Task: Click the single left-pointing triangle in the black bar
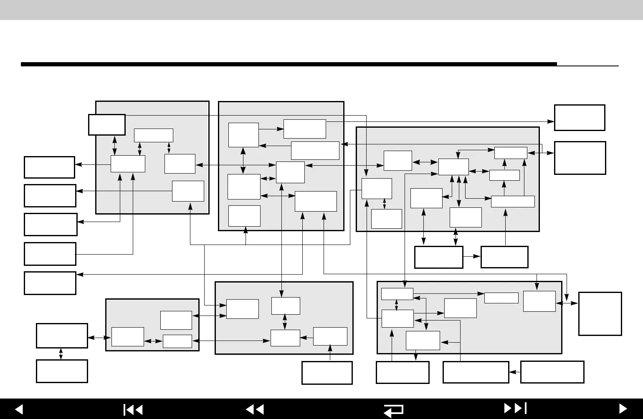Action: click(x=18, y=409)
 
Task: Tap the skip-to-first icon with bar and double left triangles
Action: click(x=133, y=409)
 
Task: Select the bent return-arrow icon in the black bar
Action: click(x=393, y=410)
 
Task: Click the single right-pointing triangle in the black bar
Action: click(x=623, y=409)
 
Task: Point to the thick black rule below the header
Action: click(x=288, y=64)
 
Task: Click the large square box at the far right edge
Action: click(x=600, y=313)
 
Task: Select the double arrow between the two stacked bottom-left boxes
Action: click(x=61, y=354)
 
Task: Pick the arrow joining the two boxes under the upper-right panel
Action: click(x=472, y=257)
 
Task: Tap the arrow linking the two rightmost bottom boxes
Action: click(x=515, y=372)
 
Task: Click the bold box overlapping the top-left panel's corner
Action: click(x=106, y=124)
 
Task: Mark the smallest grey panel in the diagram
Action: click(x=152, y=325)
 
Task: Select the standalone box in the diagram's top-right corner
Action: click(x=579, y=117)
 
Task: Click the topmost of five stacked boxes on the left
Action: click(x=49, y=167)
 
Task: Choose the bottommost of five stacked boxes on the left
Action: click(x=50, y=283)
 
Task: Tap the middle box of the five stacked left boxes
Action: click(x=51, y=225)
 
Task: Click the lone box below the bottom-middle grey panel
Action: click(x=327, y=372)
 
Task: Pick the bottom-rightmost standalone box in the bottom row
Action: click(x=552, y=372)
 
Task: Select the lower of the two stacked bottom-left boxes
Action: click(x=62, y=371)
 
